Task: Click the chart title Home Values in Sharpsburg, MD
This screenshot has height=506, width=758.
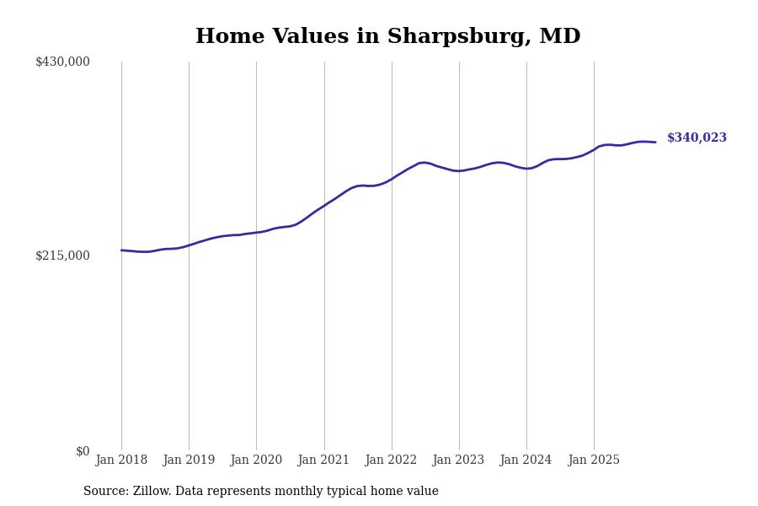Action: click(x=387, y=37)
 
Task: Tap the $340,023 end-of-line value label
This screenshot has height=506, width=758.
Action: click(x=697, y=138)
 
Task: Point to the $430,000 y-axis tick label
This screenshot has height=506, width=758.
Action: click(x=62, y=62)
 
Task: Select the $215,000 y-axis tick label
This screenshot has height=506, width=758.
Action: click(x=62, y=256)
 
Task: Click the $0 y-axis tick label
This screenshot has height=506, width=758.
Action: click(x=83, y=451)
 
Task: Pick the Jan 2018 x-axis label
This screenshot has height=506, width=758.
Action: click(x=121, y=460)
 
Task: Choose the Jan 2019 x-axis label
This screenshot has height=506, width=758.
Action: click(x=189, y=460)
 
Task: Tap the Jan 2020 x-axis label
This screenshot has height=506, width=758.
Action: click(x=256, y=460)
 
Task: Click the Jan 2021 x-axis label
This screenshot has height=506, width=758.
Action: click(x=323, y=460)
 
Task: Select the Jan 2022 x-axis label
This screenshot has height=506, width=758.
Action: click(x=391, y=460)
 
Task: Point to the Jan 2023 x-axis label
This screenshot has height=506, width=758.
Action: click(x=458, y=460)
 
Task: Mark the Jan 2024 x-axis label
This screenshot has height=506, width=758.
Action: click(x=526, y=460)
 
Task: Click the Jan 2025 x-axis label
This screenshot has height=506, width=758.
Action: click(x=594, y=460)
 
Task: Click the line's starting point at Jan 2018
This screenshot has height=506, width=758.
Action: click(x=121, y=250)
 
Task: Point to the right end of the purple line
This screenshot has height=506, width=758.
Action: click(x=655, y=142)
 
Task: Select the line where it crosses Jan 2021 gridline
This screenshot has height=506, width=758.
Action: click(x=324, y=205)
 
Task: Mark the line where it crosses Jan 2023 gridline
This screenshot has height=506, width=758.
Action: click(x=459, y=171)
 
